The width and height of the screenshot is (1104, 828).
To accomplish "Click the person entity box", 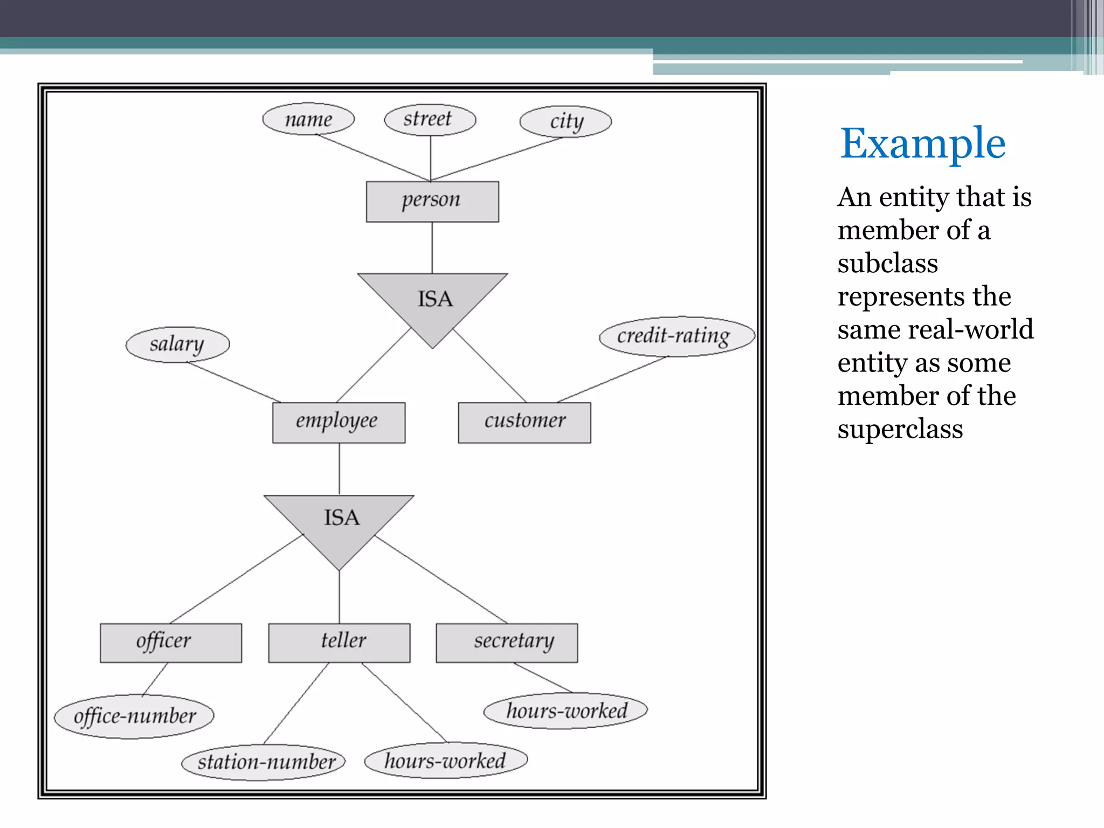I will coord(432,202).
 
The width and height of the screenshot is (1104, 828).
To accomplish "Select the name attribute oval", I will coord(308,119).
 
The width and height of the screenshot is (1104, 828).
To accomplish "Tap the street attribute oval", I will coord(430,119).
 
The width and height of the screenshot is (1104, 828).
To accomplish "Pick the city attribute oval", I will coord(565,122).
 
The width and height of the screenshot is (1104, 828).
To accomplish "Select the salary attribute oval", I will coord(177,344).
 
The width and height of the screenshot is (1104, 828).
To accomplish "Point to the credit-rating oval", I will coord(677,336).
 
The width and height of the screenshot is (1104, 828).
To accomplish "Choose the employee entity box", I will coord(339,423).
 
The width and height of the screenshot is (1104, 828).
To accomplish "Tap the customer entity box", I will coord(525,423).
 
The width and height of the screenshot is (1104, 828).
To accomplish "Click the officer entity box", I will coord(170,643).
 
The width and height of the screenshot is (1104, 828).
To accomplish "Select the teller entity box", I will coord(339,643).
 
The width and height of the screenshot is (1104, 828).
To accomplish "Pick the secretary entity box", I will coord(507,643).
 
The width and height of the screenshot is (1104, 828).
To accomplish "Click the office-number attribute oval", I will coord(134,716).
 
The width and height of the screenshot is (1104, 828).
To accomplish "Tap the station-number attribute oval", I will coord(264,762).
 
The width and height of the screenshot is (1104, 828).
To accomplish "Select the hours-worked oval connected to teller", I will coord(446,761).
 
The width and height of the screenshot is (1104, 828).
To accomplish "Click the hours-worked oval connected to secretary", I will coord(565,711).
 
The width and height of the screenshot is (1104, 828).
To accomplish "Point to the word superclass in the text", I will coord(900,429).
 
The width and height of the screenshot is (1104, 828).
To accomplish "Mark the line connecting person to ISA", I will coord(432,248).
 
